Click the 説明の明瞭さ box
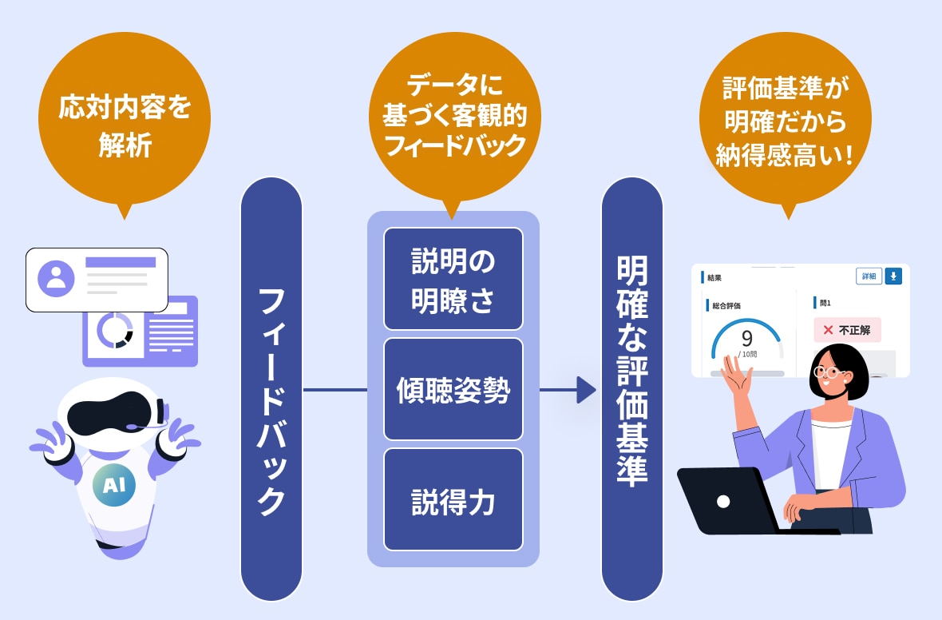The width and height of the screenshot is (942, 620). [453, 279]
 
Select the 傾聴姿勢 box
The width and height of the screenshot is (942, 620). [453, 389]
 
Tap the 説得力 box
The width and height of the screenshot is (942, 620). [453, 499]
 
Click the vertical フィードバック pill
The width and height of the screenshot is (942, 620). [271, 389]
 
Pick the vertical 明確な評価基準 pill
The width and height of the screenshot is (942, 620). [632, 389]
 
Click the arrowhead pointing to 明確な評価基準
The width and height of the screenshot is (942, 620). [586, 390]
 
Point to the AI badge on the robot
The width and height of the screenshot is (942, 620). [114, 485]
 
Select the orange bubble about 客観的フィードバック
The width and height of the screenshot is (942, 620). [455, 117]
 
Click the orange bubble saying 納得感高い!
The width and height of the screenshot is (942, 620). [786, 121]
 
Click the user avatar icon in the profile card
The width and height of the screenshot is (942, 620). [56, 278]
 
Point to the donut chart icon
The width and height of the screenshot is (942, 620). [115, 330]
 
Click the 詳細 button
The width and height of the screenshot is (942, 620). [869, 276]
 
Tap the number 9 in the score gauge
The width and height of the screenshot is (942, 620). [746, 339]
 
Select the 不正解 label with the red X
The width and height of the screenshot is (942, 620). [847, 330]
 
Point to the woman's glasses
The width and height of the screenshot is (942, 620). [829, 372]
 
